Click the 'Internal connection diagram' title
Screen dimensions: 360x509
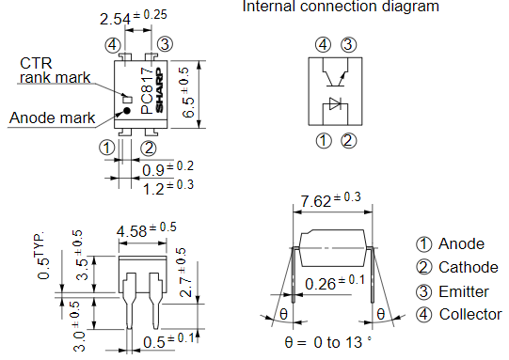coord(341,8)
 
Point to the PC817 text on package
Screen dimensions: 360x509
coord(146,91)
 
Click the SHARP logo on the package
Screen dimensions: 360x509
coord(159,91)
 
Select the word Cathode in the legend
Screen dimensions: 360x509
coord(469,267)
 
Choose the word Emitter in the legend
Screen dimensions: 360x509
coord(464,290)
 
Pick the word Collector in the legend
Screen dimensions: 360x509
coord(470,314)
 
